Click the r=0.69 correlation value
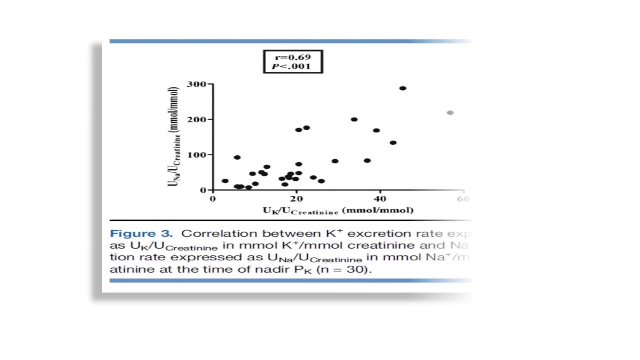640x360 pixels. pos(293,57)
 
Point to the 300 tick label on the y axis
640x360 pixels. pos(196,84)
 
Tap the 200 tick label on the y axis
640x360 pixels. pos(196,119)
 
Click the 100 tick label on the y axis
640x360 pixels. pos(196,155)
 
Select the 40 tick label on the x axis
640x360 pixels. pos(380,199)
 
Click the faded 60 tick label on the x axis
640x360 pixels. pos(463,199)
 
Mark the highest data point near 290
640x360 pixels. pos(403,88)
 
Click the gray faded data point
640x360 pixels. pos(450,113)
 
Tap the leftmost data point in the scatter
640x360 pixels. pos(225,181)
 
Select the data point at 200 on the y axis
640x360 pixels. pos(354,119)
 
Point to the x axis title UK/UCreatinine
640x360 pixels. pos(338,210)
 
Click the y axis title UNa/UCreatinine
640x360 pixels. pos(173,137)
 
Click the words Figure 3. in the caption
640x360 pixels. pos(141,233)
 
